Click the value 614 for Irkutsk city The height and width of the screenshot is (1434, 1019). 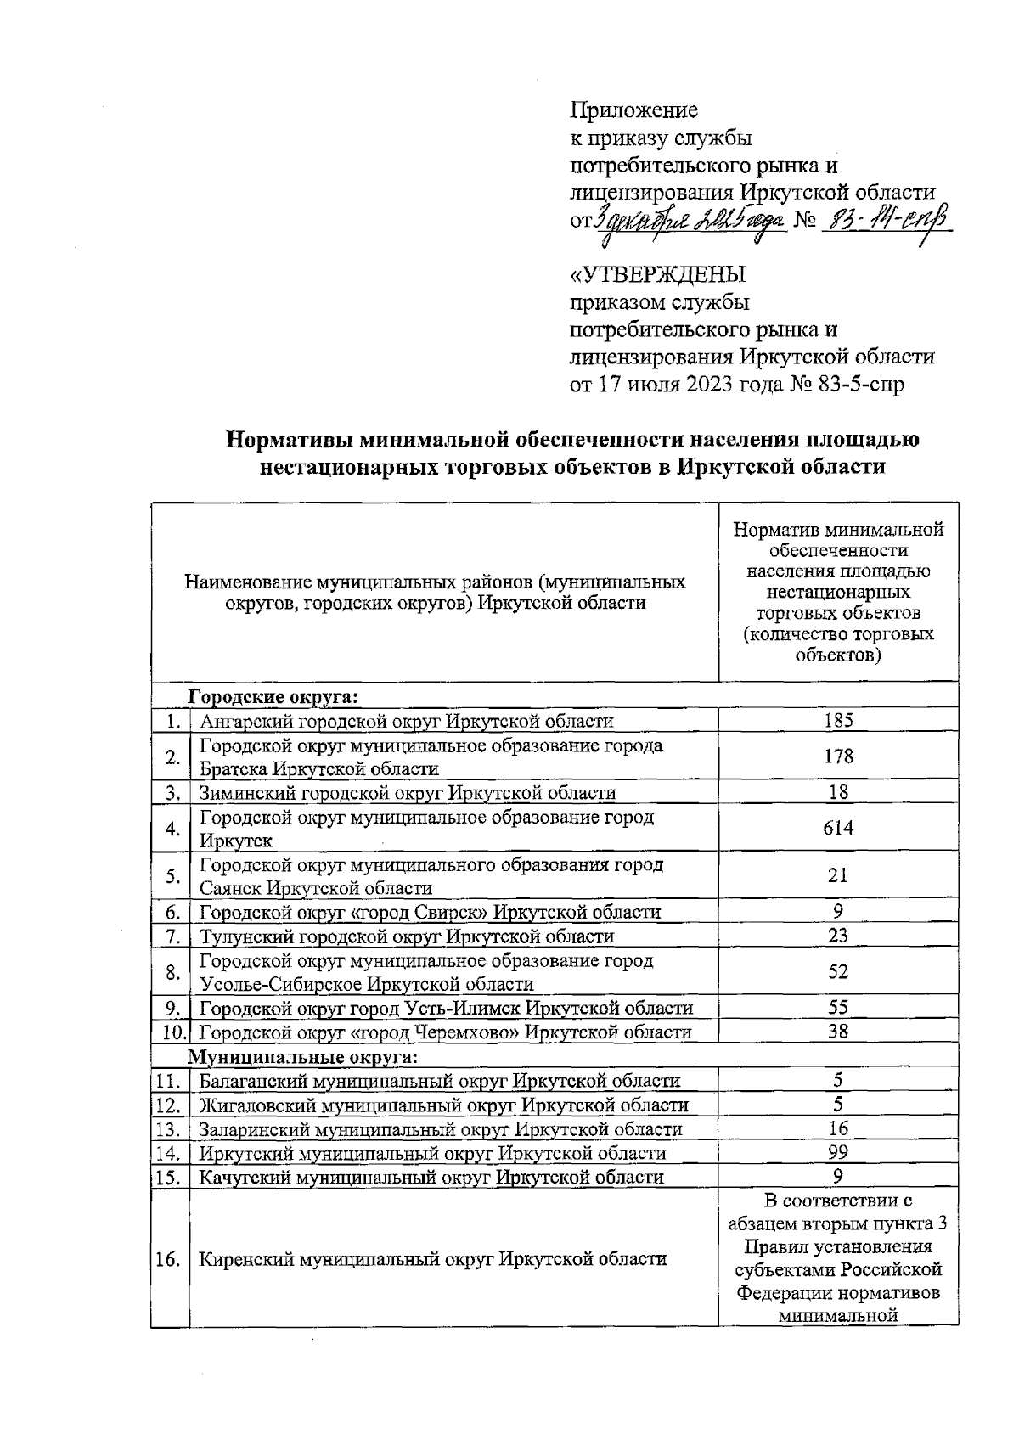pos(838,828)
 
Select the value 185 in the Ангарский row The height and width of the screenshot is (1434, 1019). pos(838,721)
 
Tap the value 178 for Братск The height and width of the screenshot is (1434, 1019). pos(838,756)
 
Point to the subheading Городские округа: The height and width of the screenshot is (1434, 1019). pos(273,696)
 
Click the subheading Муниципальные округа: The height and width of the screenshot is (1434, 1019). pos(302,1057)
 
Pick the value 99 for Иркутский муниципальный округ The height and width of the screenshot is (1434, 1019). pos(838,1152)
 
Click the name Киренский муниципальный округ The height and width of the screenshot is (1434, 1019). pos(432,1259)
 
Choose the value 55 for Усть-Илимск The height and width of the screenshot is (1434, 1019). pos(838,1008)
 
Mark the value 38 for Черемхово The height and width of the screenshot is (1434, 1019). pos(838,1032)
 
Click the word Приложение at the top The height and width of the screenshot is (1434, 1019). pos(633,110)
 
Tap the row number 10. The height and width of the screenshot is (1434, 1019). pos(174,1033)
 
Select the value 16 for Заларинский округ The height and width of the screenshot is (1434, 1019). pos(838,1128)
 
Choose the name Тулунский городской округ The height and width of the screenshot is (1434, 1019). pos(406,936)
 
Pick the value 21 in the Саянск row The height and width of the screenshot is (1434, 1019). pos(838,875)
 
